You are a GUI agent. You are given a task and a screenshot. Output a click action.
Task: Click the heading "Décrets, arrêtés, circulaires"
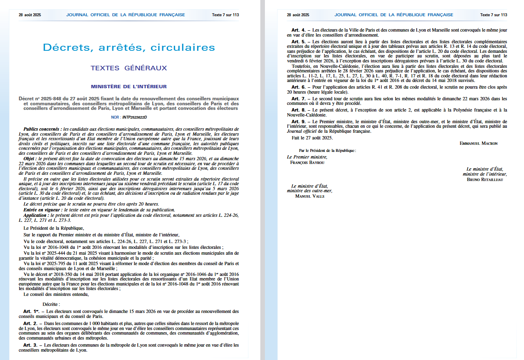(x=129, y=47)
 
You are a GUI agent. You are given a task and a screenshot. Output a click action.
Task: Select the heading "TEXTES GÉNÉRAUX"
(x=129, y=68)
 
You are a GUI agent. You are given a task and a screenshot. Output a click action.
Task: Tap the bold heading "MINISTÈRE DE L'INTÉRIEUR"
(x=129, y=87)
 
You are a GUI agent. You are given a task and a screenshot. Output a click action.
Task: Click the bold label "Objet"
(x=30, y=159)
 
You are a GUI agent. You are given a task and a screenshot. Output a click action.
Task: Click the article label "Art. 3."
(x=31, y=345)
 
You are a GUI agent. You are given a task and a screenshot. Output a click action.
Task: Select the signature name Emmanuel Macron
(x=478, y=143)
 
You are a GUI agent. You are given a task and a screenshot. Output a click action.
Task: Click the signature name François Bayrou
(x=307, y=162)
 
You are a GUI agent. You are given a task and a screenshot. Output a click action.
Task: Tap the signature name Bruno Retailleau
(x=485, y=180)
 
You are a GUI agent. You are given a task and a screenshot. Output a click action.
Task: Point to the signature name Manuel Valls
(x=309, y=196)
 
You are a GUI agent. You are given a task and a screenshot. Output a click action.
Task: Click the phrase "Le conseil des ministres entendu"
(x=56, y=294)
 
